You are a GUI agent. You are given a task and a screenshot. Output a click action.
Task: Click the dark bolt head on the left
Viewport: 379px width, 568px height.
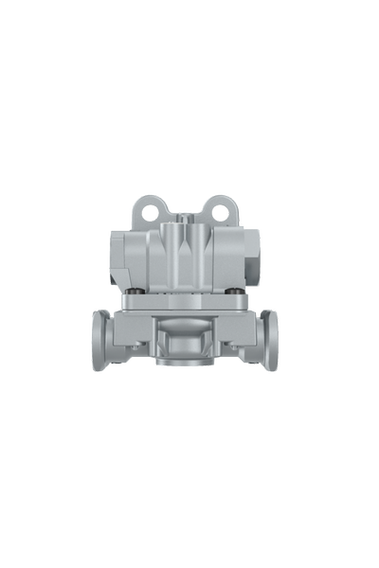coord(139,290)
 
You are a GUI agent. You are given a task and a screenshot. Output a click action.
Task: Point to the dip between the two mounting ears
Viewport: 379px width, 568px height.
coord(185,210)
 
